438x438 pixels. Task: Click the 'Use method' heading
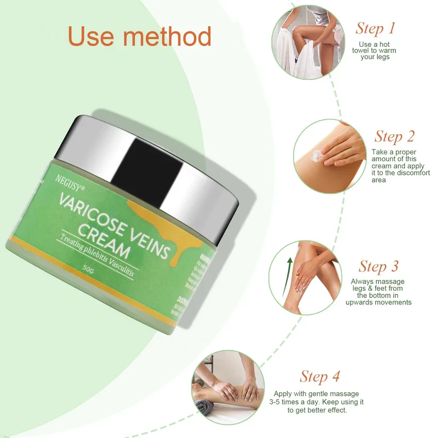pos(139,36)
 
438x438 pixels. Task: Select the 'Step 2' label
pos(394,136)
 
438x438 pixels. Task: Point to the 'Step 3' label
pos(378,266)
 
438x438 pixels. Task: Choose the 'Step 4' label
pos(319,377)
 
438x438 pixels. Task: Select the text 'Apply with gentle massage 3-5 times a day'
pos(319,402)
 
